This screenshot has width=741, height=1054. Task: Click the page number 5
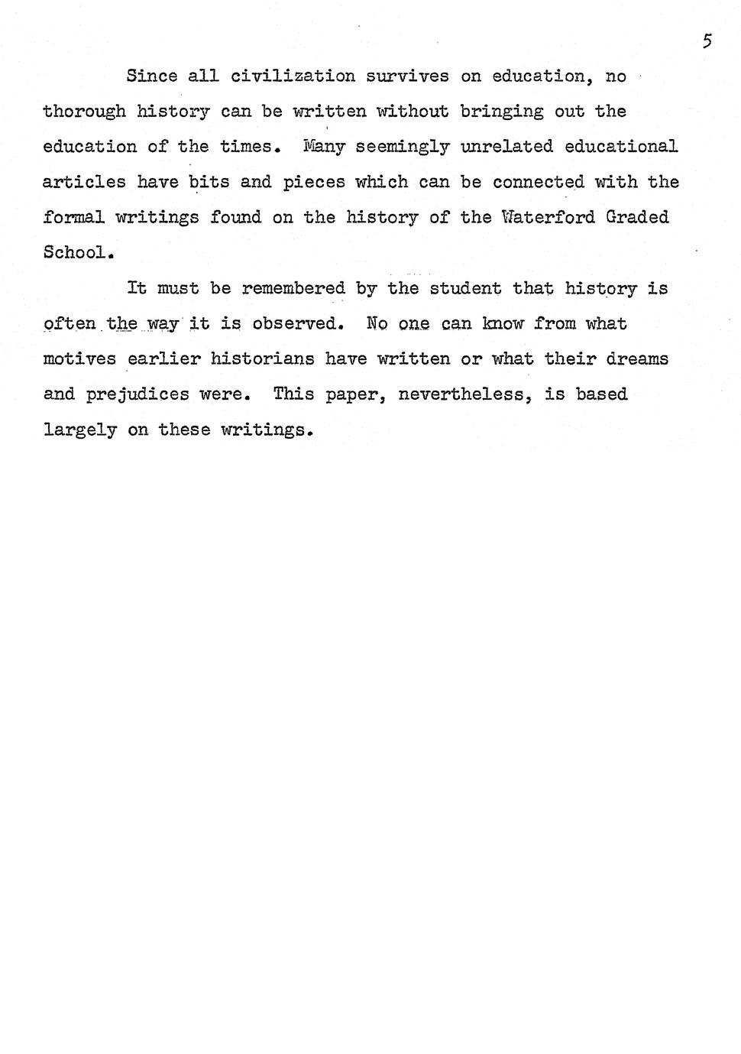pyautogui.click(x=707, y=41)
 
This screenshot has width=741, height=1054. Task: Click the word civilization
pyautogui.click(x=293, y=76)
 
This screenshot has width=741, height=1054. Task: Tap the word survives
pyautogui.click(x=407, y=76)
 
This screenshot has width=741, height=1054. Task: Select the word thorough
pyautogui.click(x=84, y=112)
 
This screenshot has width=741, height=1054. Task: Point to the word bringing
pyautogui.click(x=502, y=112)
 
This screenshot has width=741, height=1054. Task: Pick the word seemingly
pyautogui.click(x=402, y=147)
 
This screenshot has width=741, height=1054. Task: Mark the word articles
pyautogui.click(x=84, y=182)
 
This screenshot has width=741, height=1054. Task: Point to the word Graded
pyautogui.click(x=637, y=217)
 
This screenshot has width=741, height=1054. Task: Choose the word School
pyautogui.click(x=77, y=252)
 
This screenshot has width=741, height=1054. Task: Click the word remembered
pyautogui.click(x=293, y=288)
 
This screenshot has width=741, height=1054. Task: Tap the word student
pyautogui.click(x=465, y=288)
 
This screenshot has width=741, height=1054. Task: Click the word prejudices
pyautogui.click(x=137, y=394)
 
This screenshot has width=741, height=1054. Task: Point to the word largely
pyautogui.click(x=79, y=430)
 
